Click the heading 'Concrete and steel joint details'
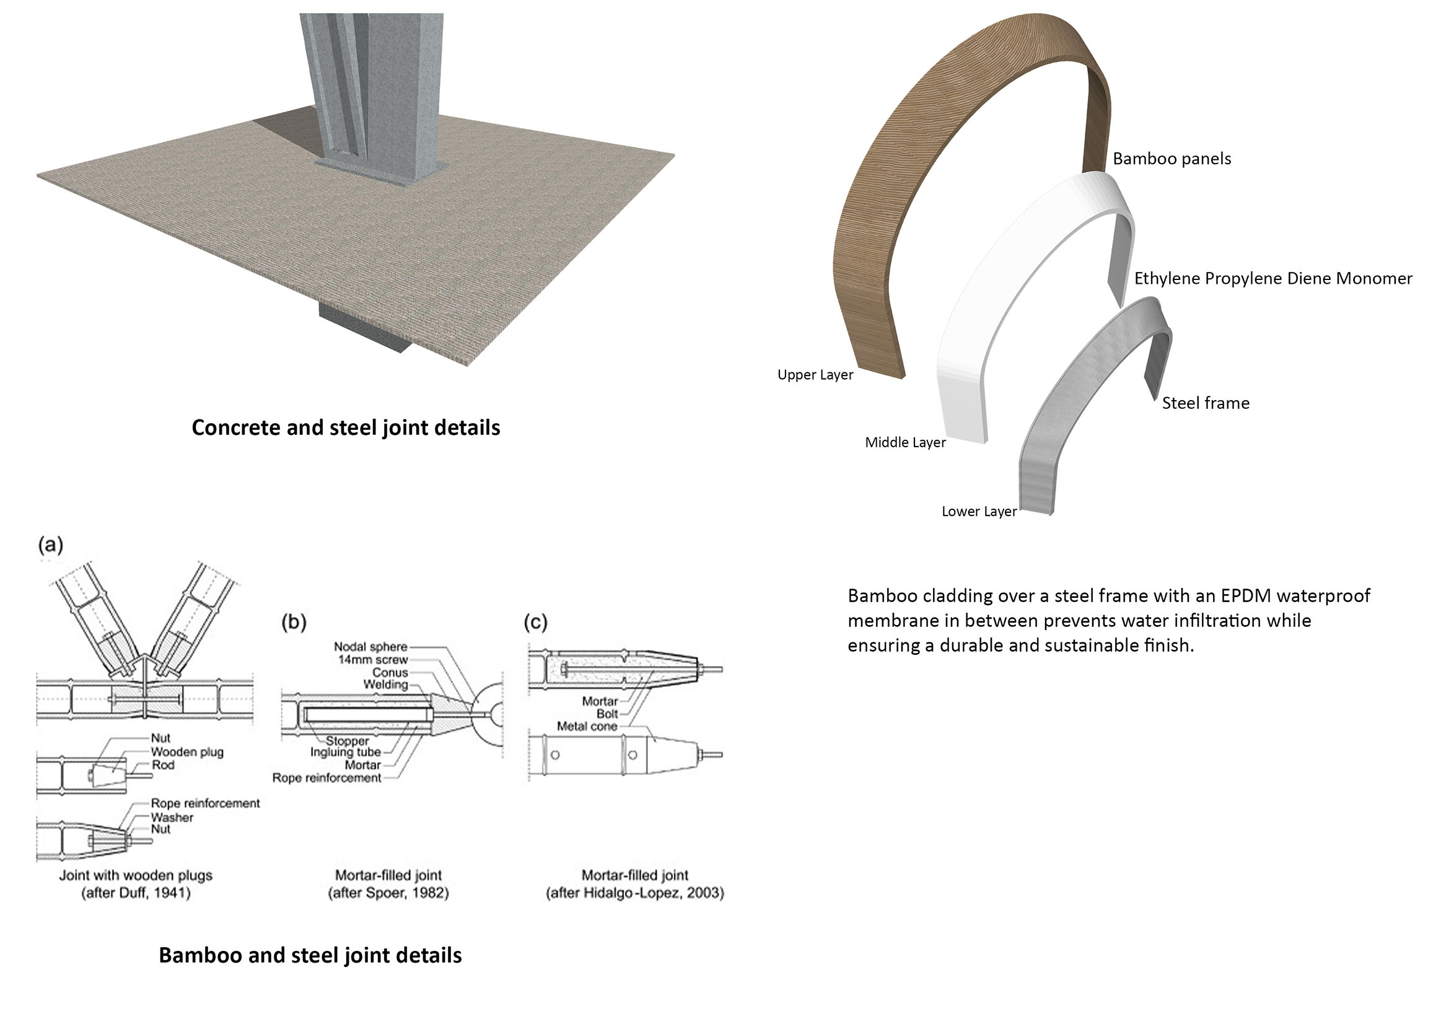click(346, 428)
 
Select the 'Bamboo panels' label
click(1172, 159)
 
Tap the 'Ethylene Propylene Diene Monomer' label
click(1274, 278)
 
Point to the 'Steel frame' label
click(1206, 403)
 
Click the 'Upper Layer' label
click(815, 375)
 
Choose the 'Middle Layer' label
click(906, 442)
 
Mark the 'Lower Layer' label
click(979, 511)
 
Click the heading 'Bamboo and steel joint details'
click(310, 955)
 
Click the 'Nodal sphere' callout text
click(370, 647)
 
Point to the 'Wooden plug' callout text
click(187, 752)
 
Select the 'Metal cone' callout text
click(587, 726)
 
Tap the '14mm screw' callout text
click(373, 659)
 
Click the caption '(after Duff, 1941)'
click(136, 893)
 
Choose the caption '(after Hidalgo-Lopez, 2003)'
click(635, 893)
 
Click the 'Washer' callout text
click(172, 818)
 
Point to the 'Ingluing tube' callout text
click(346, 752)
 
